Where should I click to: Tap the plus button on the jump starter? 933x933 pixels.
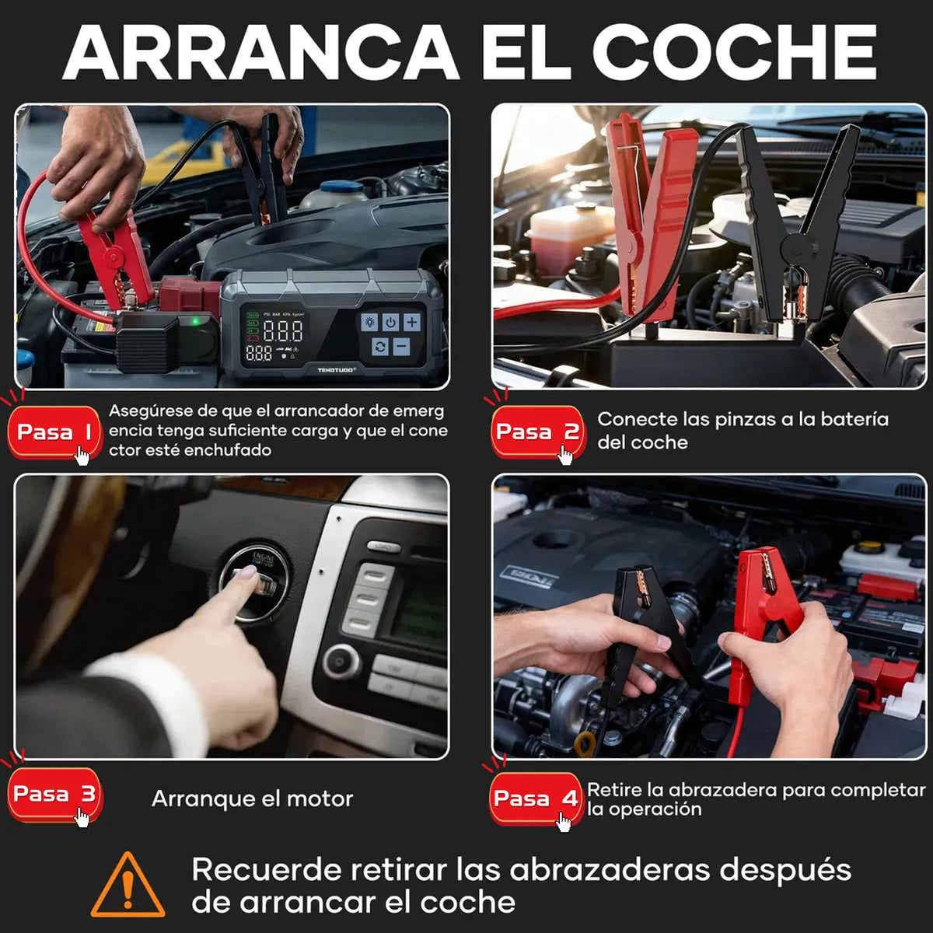pos(411,322)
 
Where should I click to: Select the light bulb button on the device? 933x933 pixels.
pos(369,322)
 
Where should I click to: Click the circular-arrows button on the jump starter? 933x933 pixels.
pos(380,347)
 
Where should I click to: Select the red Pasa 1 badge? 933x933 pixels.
pos(54,432)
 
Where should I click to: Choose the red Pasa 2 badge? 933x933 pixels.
pos(536,432)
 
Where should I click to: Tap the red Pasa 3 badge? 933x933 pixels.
pos(54,794)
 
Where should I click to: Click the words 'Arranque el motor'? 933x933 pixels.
pos(252,798)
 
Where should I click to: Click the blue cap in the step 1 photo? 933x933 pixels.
pos(341,187)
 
